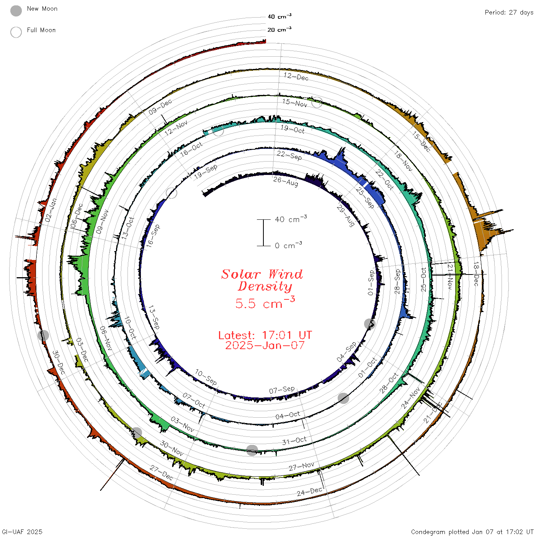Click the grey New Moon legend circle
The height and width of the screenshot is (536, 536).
pyautogui.click(x=16, y=11)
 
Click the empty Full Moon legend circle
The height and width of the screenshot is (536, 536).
pyautogui.click(x=16, y=32)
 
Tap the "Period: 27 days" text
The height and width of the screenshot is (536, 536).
pyautogui.click(x=509, y=13)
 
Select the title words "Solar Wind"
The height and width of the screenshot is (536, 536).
pyautogui.click(x=262, y=274)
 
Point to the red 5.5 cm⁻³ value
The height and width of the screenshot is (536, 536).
pyautogui.click(x=265, y=303)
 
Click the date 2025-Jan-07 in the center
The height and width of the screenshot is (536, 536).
pyautogui.click(x=265, y=345)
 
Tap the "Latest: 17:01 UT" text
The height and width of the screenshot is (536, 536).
pyautogui.click(x=265, y=335)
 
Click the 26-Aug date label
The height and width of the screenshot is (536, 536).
pyautogui.click(x=285, y=181)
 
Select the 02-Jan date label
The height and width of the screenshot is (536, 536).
pyautogui.click(x=51, y=210)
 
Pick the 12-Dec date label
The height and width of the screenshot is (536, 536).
pyautogui.click(x=296, y=77)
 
